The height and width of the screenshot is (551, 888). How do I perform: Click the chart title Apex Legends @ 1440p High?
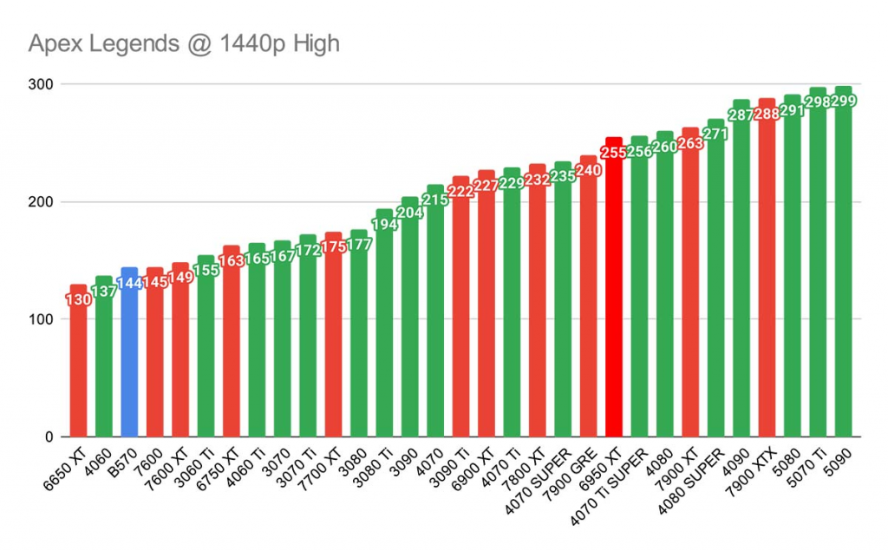tap(183, 44)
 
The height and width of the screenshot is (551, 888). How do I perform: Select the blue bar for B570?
tap(129, 364)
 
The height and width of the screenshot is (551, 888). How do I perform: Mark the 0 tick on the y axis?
tap(49, 437)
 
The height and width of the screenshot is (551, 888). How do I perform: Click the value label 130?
tap(78, 300)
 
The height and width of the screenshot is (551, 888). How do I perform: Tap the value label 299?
tap(844, 102)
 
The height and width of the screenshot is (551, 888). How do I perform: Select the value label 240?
tap(589, 171)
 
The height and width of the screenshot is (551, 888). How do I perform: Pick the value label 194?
tap(384, 225)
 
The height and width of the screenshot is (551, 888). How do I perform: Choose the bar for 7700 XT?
tap(333, 347)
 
